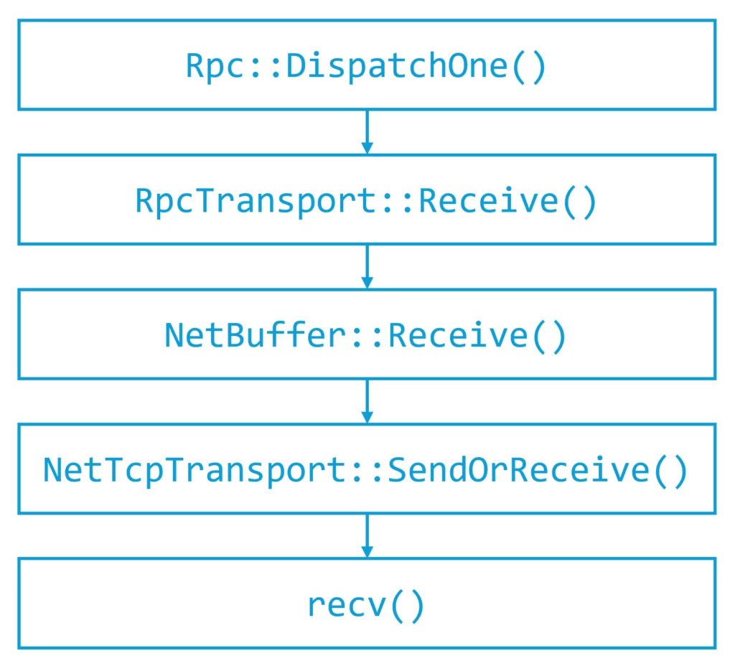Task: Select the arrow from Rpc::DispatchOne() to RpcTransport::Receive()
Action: pyautogui.click(x=367, y=132)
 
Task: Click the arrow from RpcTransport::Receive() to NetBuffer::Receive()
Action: pyautogui.click(x=367, y=267)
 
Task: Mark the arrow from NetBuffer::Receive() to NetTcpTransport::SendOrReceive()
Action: pyautogui.click(x=367, y=401)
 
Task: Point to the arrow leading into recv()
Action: pyautogui.click(x=367, y=536)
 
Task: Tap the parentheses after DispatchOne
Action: pyautogui.click(x=529, y=66)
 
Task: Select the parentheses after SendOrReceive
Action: pyautogui.click(x=670, y=470)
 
